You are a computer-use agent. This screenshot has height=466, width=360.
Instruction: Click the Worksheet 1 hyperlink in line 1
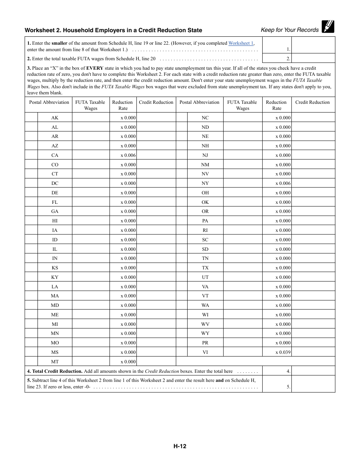[241, 43]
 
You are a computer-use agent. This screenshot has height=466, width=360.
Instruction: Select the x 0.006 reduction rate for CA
[128, 155]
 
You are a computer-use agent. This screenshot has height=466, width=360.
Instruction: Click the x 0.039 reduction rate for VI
[283, 352]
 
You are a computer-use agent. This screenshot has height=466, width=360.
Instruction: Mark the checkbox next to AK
[31, 118]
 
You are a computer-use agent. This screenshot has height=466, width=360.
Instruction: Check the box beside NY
[182, 183]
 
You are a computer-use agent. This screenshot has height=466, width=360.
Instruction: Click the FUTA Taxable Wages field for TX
[243, 268]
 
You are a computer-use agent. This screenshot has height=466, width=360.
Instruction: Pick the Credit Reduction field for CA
[156, 155]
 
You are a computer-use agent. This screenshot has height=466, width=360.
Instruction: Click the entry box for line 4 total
[313, 371]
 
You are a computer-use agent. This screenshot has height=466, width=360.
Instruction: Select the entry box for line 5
[313, 384]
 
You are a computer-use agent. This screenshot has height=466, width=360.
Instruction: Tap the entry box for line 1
[313, 45]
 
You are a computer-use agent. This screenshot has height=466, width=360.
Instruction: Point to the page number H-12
[180, 446]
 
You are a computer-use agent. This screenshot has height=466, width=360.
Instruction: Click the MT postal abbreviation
[55, 362]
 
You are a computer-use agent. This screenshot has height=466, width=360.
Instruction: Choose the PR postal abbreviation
[205, 343]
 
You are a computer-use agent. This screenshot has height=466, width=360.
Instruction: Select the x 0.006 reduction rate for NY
[283, 183]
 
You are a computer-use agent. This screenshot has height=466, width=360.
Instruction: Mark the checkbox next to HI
[31, 221]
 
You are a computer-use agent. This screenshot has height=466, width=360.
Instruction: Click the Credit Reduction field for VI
[313, 352]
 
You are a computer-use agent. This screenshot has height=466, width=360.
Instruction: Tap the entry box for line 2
[313, 58]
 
